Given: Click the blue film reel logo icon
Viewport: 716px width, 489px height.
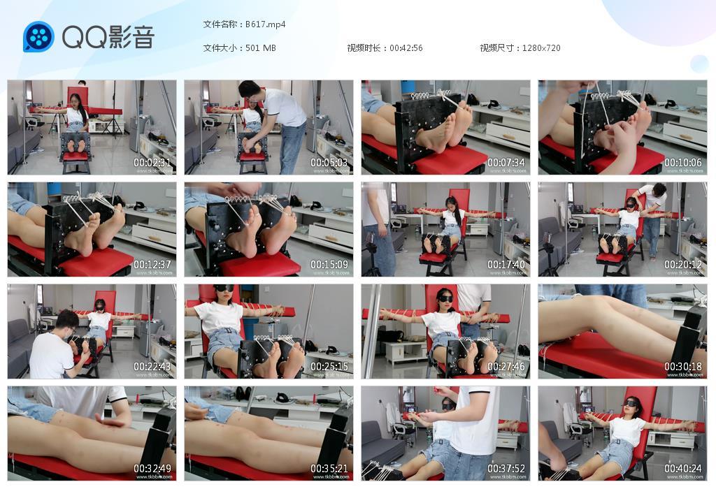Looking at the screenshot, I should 38,37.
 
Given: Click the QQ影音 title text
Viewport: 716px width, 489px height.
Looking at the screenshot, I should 108,37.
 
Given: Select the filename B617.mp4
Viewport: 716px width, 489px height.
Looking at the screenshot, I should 265,24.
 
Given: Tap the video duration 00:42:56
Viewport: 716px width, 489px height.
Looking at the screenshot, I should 406,48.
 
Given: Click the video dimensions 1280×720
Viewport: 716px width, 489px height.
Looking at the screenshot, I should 540,48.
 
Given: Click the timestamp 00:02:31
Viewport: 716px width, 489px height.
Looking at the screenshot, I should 153,163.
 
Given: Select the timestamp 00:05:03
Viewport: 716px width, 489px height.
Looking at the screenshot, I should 330,163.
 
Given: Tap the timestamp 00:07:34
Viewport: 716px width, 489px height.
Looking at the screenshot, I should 507,163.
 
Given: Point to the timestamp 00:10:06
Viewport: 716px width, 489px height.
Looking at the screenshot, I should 684,163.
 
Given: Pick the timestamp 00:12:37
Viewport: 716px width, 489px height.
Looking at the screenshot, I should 153,265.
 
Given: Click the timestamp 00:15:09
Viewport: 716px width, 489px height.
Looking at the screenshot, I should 330,265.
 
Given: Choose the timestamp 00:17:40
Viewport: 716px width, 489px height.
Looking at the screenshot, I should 507,265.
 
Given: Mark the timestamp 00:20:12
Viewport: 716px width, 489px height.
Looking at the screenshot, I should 684,265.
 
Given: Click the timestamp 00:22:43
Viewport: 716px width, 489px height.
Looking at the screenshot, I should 153,367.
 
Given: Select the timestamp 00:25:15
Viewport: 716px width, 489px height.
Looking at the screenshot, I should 330,367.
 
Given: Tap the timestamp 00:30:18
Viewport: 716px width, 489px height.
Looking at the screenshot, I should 684,367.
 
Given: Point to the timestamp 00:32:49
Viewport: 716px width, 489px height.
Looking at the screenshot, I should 153,469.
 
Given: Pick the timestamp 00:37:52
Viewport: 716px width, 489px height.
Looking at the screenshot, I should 507,469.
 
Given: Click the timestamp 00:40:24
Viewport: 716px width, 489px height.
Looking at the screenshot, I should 684,469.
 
